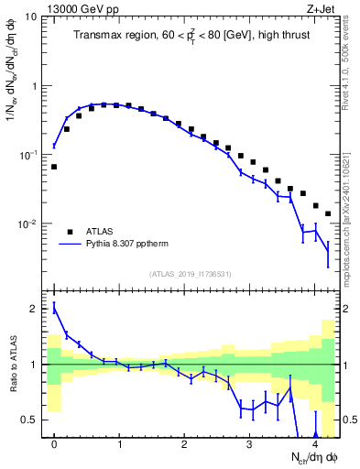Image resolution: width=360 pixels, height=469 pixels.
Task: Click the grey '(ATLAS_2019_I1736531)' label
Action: (189, 274)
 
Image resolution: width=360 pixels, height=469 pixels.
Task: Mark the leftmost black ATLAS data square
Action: (54, 167)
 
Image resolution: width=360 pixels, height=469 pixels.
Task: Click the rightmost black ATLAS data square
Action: (328, 213)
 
